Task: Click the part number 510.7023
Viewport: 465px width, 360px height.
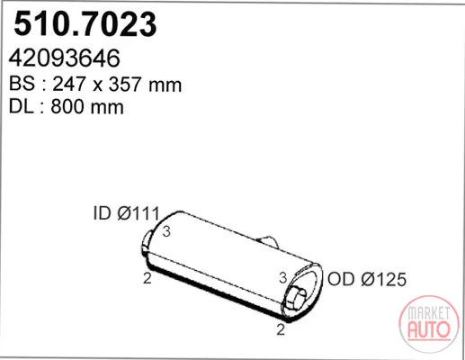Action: [85, 23]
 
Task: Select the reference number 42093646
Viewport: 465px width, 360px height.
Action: [65, 58]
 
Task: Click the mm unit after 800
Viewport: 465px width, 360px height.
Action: [107, 108]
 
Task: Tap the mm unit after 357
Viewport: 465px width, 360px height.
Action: [165, 85]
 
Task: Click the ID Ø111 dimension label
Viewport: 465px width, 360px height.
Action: [126, 213]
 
